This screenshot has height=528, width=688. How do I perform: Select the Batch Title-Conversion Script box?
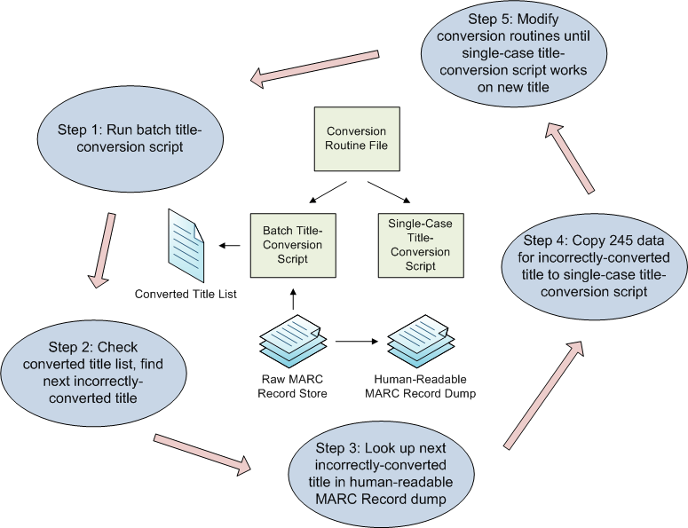291,245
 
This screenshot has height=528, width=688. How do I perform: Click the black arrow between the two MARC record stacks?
355,340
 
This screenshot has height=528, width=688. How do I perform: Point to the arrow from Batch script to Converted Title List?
232,245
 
